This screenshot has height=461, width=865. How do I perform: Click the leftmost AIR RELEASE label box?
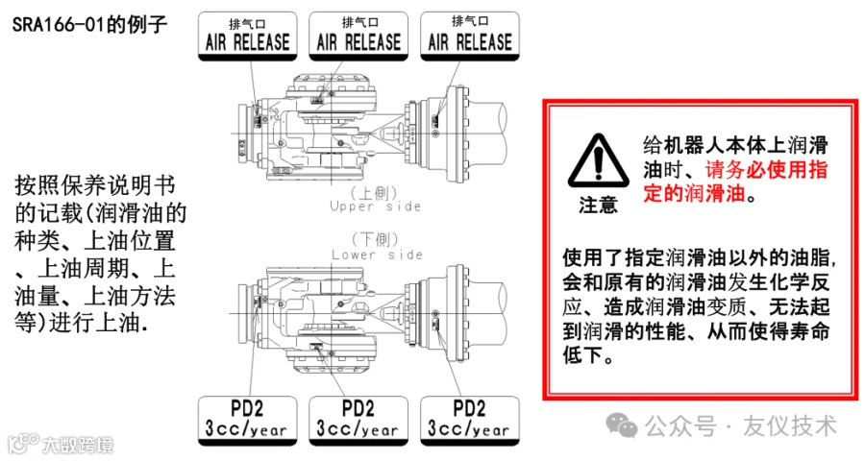(x=248, y=36)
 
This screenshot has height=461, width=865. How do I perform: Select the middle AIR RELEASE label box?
(x=358, y=36)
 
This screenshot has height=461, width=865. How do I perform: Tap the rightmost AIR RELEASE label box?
(x=470, y=36)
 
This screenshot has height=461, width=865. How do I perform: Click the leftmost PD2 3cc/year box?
(x=248, y=421)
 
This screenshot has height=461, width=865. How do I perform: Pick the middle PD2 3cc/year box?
(x=358, y=421)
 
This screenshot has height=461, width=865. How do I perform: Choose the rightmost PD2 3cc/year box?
(x=470, y=421)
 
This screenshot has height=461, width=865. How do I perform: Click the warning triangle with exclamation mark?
(x=599, y=161)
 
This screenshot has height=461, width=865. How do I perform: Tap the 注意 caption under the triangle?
(x=599, y=205)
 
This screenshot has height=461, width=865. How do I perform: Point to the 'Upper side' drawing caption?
(x=375, y=206)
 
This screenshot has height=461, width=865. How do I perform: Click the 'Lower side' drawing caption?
(x=378, y=255)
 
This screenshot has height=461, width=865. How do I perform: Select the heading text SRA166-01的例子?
(x=89, y=25)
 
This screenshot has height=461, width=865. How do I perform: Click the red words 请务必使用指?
(x=767, y=169)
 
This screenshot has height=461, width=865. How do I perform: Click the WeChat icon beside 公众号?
(x=622, y=425)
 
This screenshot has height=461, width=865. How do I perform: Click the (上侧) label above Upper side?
(x=374, y=193)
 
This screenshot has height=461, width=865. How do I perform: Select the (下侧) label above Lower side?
(x=375, y=240)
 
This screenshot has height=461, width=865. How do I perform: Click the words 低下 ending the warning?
(x=582, y=354)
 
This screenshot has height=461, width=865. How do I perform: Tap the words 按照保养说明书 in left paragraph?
(x=95, y=185)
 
